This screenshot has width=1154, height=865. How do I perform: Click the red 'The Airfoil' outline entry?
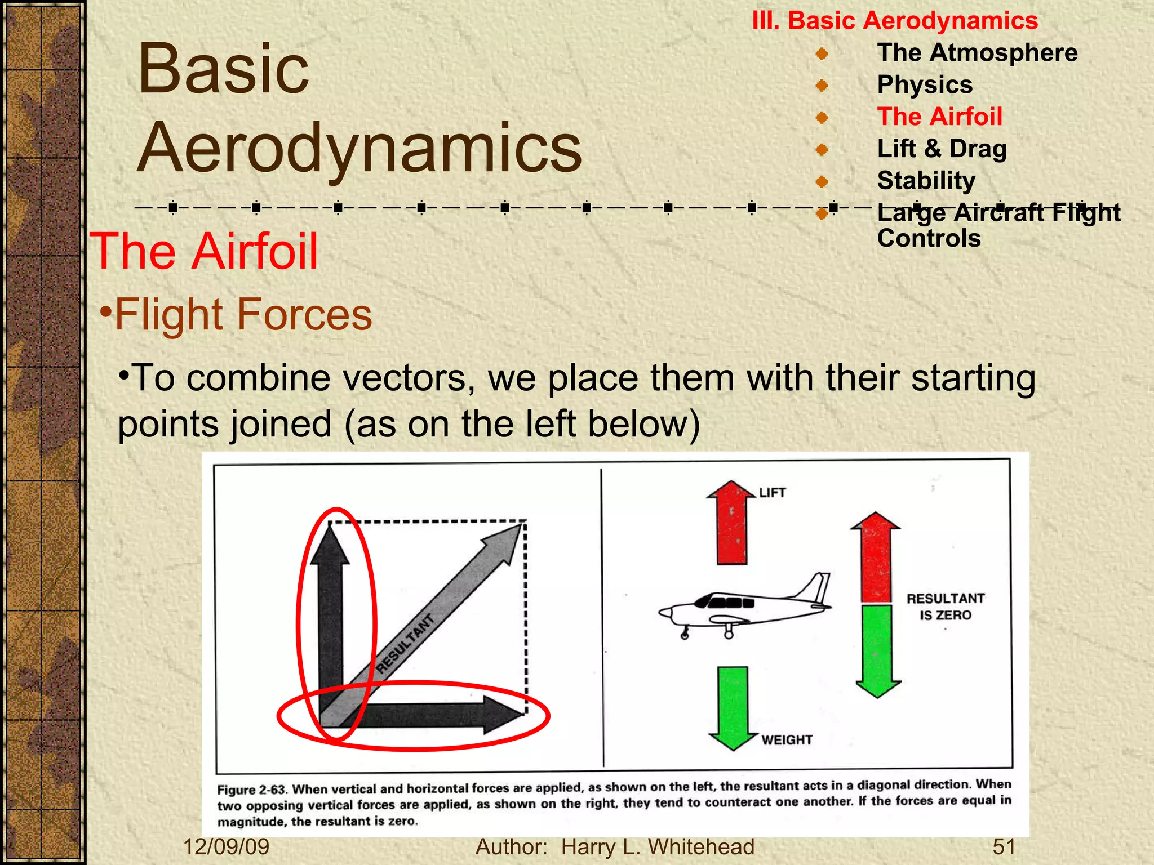click(x=939, y=117)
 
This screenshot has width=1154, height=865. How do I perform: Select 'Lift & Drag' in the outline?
click(x=942, y=149)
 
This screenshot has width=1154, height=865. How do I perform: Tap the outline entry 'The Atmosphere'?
click(x=977, y=53)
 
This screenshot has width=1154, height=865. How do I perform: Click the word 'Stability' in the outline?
click(x=926, y=181)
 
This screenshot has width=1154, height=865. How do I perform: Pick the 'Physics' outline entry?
click(x=925, y=85)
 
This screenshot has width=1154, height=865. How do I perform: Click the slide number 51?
click(x=1004, y=846)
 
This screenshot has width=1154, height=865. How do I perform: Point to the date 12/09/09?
click(x=226, y=846)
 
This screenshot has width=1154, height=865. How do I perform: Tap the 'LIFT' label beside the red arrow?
click(x=771, y=493)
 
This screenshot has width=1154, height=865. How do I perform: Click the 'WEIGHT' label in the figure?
click(x=787, y=739)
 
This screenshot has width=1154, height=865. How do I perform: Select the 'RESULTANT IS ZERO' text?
click(x=945, y=607)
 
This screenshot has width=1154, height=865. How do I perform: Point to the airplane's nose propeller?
click(x=663, y=613)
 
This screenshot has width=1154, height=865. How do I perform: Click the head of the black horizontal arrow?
click(x=501, y=715)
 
